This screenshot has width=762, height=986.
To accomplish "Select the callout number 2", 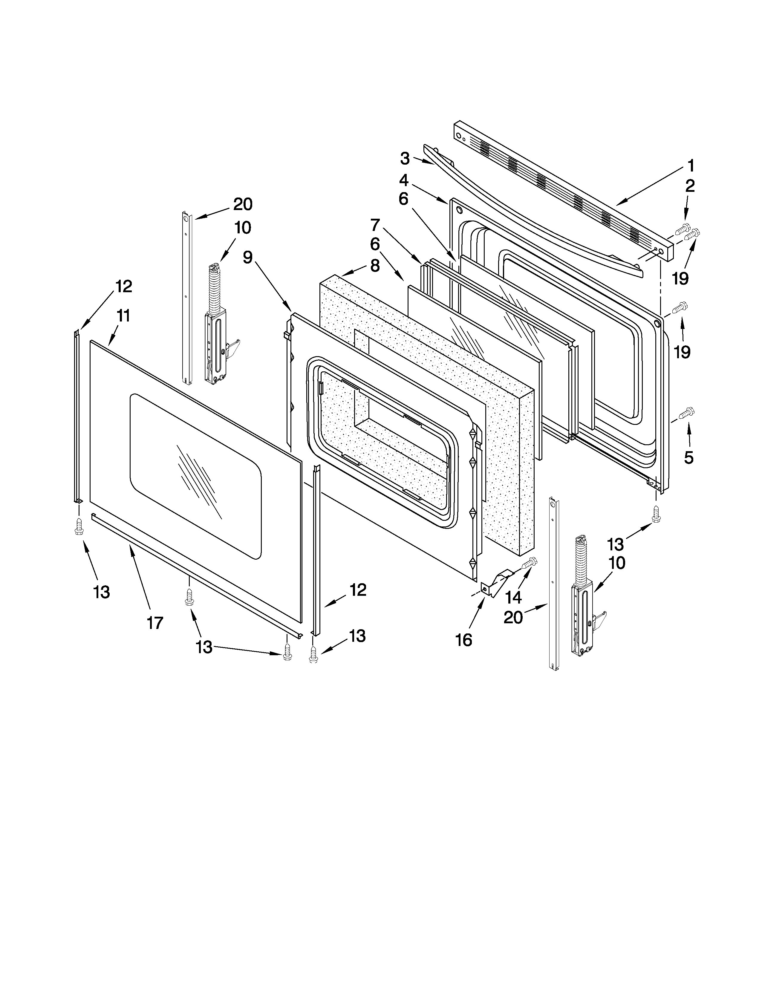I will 690,186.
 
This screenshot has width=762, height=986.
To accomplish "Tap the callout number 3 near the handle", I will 405,158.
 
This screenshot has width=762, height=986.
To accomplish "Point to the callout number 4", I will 404,180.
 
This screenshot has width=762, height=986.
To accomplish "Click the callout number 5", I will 688,457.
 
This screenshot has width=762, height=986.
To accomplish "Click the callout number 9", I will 247,257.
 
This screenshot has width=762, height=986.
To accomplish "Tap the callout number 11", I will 123,316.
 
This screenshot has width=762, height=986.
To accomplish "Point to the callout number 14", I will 513,597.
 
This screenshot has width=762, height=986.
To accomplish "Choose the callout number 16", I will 463,639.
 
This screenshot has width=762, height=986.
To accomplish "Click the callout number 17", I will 154,623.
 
